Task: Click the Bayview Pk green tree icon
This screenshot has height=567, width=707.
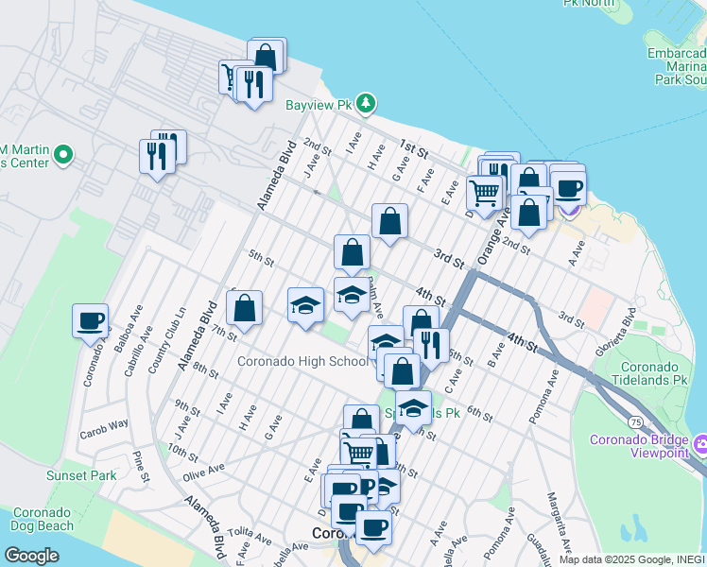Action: point(367,104)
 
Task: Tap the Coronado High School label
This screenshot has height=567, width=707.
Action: point(302,361)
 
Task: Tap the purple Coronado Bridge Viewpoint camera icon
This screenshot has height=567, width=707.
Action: point(700,443)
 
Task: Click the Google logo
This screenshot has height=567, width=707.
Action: point(31,555)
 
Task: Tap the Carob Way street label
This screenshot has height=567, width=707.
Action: point(104,423)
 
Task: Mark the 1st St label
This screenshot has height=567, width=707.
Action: point(413,148)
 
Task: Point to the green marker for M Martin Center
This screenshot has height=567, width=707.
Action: point(63,154)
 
